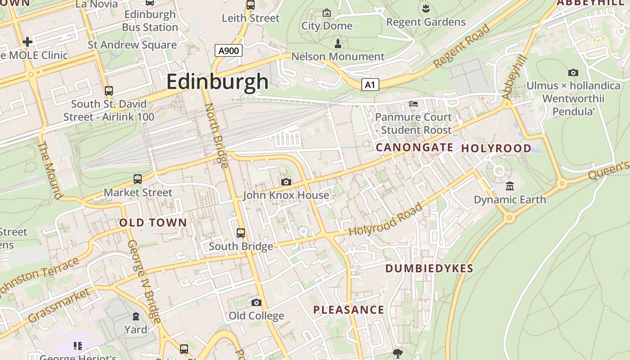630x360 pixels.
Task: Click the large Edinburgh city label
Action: pos(217,82)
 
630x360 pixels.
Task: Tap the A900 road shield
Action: pos(228,50)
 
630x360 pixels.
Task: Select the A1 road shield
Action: pos(369,85)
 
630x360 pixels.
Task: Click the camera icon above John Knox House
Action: pos(286,182)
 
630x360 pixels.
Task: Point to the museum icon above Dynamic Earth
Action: pos(509,186)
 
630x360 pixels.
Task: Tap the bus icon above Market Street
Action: pos(138,179)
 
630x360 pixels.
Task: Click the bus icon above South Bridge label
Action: pos(241,233)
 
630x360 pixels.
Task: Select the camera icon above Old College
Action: pos(256,302)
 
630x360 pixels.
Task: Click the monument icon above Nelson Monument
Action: pos(338,43)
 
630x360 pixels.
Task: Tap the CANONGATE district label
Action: pos(414,147)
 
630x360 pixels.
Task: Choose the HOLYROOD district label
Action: pos(496,148)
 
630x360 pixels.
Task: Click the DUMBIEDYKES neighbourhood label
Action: pos(429,269)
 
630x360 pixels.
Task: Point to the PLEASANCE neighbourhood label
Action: pos(349,310)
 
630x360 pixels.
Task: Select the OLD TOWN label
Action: pos(153,222)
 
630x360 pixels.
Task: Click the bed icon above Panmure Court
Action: pos(414,104)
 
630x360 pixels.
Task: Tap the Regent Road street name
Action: pos(462,47)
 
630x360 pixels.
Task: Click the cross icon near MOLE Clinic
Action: pos(27,42)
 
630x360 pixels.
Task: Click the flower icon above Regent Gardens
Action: pos(425,8)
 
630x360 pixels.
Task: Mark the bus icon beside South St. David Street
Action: pos(108,90)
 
